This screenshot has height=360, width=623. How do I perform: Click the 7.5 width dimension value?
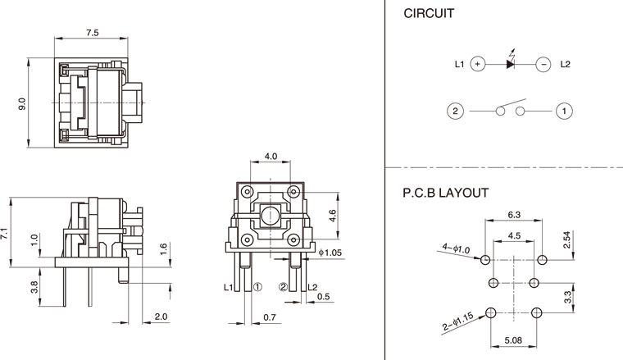[x=92, y=33]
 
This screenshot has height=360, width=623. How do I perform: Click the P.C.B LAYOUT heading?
[x=446, y=194]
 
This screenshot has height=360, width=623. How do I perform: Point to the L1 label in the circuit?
[x=459, y=63]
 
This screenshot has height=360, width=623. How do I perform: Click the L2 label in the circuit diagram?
[x=566, y=63]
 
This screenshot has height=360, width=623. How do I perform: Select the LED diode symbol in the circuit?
[x=511, y=63]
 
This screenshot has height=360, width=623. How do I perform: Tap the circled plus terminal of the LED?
[x=479, y=63]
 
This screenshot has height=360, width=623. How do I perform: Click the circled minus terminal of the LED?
[x=542, y=63]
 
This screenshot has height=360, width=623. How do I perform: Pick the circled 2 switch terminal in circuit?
[x=456, y=110]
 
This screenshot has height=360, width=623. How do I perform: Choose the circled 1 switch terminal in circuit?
[x=563, y=110]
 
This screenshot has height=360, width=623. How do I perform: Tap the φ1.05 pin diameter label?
[x=331, y=253]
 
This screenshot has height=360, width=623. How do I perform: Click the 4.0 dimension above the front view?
[x=271, y=156]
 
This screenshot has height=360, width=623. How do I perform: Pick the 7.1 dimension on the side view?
[x=6, y=233]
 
